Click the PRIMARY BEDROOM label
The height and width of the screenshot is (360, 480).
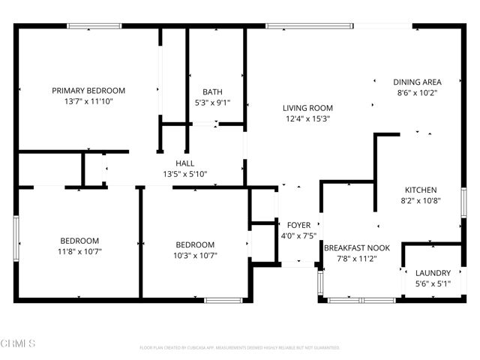88,91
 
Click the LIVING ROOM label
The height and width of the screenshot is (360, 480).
308,108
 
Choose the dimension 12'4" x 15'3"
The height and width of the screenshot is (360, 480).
308,118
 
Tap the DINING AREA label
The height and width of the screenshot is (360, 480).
417,82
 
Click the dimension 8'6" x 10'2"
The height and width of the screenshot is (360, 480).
417,93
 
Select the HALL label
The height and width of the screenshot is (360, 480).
185,163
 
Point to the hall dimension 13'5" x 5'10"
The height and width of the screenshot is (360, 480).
185,174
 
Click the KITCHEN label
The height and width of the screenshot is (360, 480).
421,190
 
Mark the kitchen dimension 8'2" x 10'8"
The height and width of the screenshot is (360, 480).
421,201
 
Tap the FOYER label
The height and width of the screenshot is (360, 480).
300,225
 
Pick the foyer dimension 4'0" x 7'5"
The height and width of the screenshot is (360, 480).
300,235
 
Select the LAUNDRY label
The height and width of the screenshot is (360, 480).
433,273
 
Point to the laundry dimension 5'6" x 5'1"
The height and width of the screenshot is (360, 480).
433,283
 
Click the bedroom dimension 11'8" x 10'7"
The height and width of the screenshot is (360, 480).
79,251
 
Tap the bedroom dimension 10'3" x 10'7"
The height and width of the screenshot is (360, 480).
195,255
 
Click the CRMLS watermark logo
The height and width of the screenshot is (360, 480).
18,344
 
